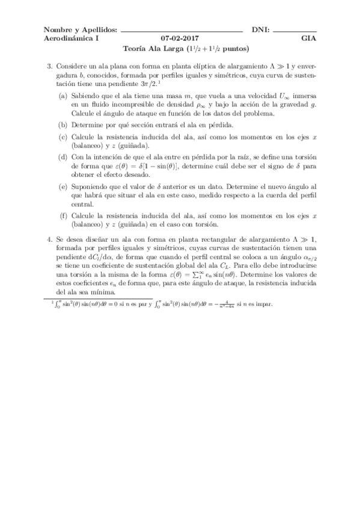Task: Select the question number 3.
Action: [x=50, y=66]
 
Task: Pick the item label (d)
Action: [x=63, y=157]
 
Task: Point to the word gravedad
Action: [x=296, y=105]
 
